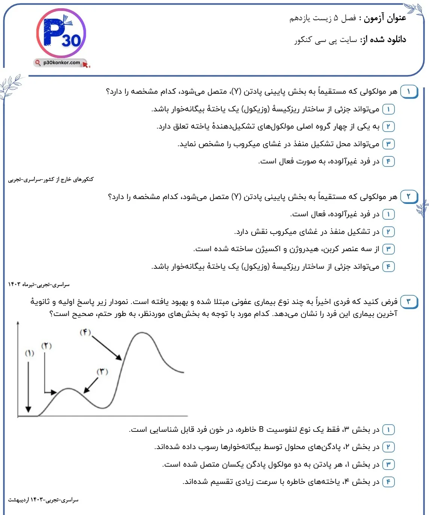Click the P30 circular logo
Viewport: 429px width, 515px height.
pos(61,33)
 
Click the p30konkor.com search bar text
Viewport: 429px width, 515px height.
pos(61,63)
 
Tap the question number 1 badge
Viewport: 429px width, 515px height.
pos(408,91)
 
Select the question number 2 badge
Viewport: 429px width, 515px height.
pos(408,196)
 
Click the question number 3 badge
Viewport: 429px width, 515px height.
pos(408,301)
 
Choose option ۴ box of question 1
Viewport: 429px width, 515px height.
pos(388,161)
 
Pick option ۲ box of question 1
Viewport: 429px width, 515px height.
pos(388,127)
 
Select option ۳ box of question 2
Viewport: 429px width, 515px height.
pos(388,249)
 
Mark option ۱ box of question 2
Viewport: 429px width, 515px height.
pos(388,214)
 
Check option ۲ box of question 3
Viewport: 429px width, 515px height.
pos(388,447)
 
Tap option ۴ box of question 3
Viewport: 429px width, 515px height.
pos(388,482)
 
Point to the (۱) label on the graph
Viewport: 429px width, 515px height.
pos(30,353)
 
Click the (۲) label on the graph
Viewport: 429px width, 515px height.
pos(46,346)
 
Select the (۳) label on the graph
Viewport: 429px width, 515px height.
pos(102,371)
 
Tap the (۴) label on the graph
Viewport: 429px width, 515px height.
pos(85,332)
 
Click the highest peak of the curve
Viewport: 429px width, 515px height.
pos(143,332)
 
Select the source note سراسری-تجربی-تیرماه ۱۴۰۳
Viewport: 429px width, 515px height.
pos(39,284)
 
